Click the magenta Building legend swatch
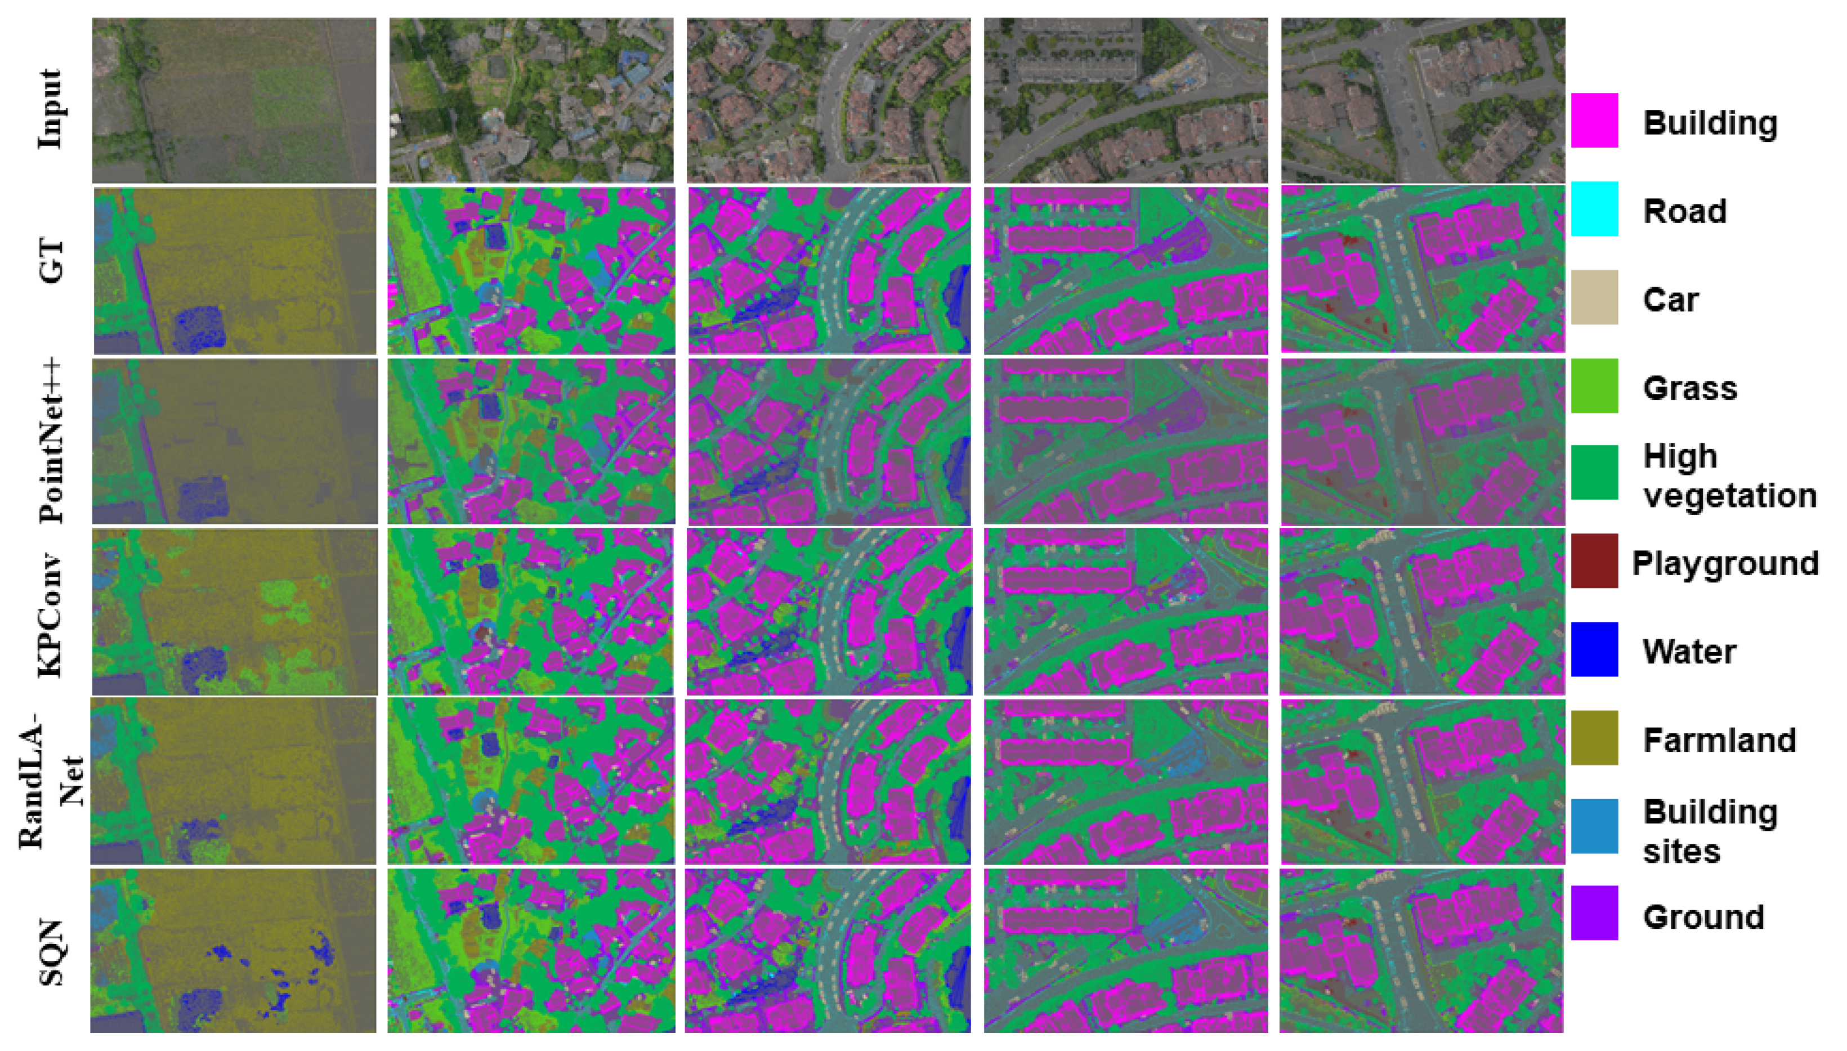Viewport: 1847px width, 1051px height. pyautogui.click(x=1594, y=121)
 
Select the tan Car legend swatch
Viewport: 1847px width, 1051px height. pyautogui.click(x=1594, y=297)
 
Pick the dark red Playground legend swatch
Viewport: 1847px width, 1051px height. pyautogui.click(x=1594, y=561)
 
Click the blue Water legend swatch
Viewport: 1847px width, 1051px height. pyautogui.click(x=1594, y=649)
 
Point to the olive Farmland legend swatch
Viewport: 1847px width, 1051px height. pyautogui.click(x=1594, y=737)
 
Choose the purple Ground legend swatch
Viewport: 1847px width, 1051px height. pyautogui.click(x=1594, y=913)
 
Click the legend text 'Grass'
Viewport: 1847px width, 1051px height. pyautogui.click(x=1690, y=388)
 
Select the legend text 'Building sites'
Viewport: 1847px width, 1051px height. pyautogui.click(x=1710, y=831)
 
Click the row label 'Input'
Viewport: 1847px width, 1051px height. pyautogui.click(x=51, y=108)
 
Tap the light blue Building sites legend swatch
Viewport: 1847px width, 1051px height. pyautogui.click(x=1594, y=825)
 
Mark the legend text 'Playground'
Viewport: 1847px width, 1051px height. pyautogui.click(x=1724, y=563)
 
